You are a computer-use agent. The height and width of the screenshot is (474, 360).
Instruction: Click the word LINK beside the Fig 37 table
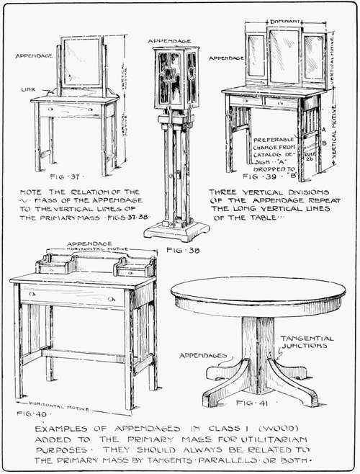pyautogui.click(x=30, y=90)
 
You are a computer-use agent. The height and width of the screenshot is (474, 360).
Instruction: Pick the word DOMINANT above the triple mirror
pyautogui.click(x=284, y=22)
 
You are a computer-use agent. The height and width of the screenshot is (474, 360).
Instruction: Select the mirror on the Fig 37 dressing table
pyautogui.click(x=81, y=62)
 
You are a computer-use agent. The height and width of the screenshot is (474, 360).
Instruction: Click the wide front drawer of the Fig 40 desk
pyautogui.click(x=68, y=296)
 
